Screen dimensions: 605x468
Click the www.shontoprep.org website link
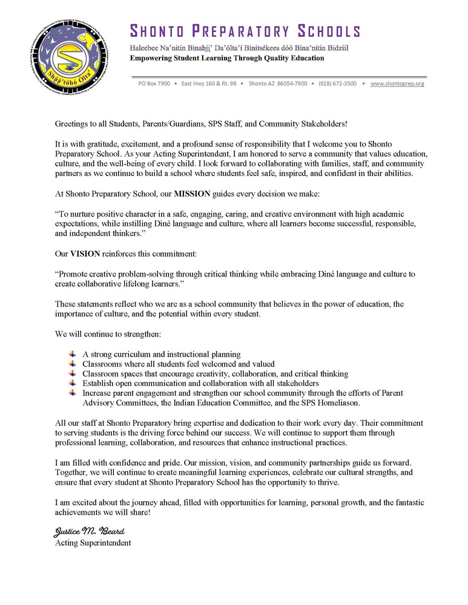pyautogui.click(x=397, y=83)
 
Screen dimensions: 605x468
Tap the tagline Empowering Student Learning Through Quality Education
pyautogui.click(x=227, y=58)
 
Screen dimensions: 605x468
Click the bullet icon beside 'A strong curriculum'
pyautogui.click(x=73, y=354)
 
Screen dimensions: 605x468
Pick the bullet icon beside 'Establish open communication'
pyautogui.click(x=73, y=383)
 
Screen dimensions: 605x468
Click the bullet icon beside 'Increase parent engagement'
pyautogui.click(x=73, y=393)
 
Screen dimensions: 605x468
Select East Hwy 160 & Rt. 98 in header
pyautogui.click(x=209, y=83)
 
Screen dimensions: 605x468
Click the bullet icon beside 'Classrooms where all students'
pyautogui.click(x=73, y=364)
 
